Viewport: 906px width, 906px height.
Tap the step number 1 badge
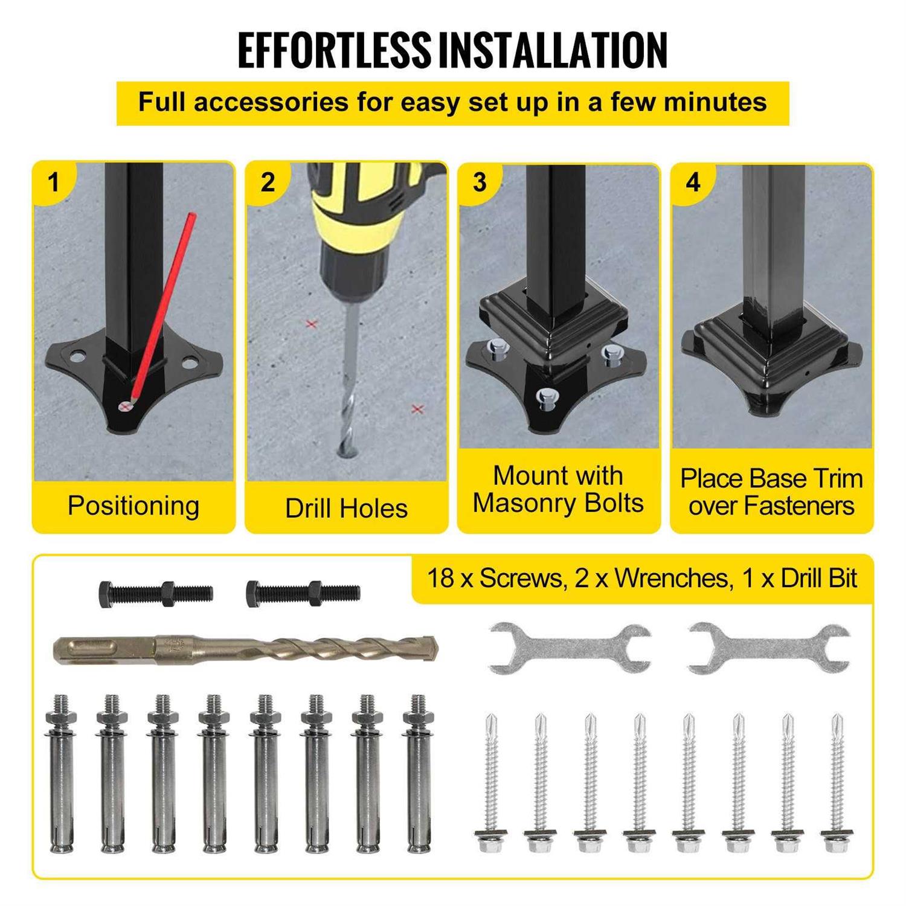pos(54,182)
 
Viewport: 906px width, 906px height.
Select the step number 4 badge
pos(693,182)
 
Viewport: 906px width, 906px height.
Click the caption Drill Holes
pos(346,509)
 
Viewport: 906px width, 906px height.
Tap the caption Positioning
pos(133,506)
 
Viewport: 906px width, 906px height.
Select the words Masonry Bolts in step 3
pos(558,503)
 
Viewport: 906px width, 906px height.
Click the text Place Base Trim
pos(771,478)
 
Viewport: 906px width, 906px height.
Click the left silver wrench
pos(569,649)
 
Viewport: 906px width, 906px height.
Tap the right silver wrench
pos(769,649)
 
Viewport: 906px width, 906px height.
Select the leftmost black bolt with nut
pos(156,593)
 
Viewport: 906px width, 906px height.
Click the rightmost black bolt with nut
pos(303,593)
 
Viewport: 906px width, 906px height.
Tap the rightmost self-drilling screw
pos(836,782)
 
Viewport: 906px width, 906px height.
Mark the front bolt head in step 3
pos(547,399)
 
